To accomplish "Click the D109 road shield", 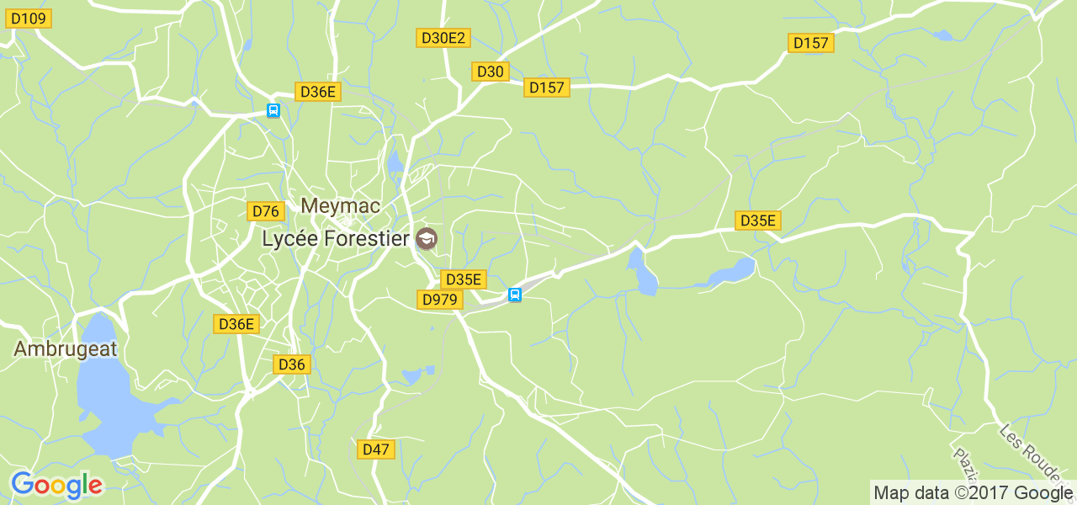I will [29, 19].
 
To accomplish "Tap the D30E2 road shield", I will [443, 38].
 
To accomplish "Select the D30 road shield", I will [490, 72].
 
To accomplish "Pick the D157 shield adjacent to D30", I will [547, 87].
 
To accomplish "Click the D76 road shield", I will [266, 211].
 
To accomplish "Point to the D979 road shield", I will [439, 300].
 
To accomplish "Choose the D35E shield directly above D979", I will [464, 279].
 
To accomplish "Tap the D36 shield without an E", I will [292, 364].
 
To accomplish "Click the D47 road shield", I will [376, 449].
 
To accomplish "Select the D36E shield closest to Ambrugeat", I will [236, 324].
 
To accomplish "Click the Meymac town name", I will [341, 205].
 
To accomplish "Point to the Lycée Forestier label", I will [336, 238].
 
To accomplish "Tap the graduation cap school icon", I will [427, 239].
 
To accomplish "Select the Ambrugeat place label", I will [65, 349].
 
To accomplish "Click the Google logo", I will [56, 485].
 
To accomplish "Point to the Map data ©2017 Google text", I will [973, 492].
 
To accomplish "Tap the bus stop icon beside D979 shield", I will [515, 295].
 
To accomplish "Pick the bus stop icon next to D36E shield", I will [273, 110].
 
